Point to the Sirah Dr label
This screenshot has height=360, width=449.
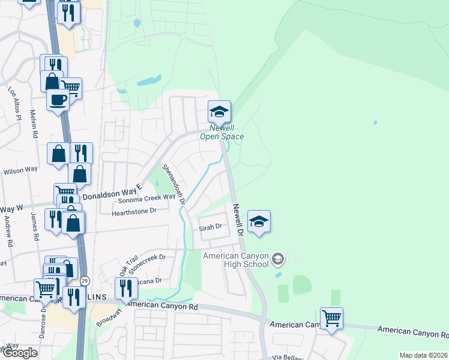pyautogui.click(x=211, y=227)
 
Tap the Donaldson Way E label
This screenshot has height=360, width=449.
pyautogui.click(x=111, y=191)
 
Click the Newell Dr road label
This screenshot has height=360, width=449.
pyautogui.click(x=238, y=219)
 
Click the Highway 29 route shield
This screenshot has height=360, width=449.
pyautogui.click(x=85, y=280)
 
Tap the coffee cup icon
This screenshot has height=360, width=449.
pyautogui.click(x=58, y=100)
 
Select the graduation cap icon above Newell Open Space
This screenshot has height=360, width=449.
pyautogui.click(x=220, y=111)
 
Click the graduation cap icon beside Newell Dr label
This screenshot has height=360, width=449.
pyautogui.click(x=259, y=221)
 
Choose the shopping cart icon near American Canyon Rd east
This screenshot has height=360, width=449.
pyautogui.click(x=331, y=318)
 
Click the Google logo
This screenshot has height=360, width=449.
pyautogui.click(x=20, y=353)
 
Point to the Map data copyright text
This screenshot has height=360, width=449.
pyautogui.click(x=423, y=355)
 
